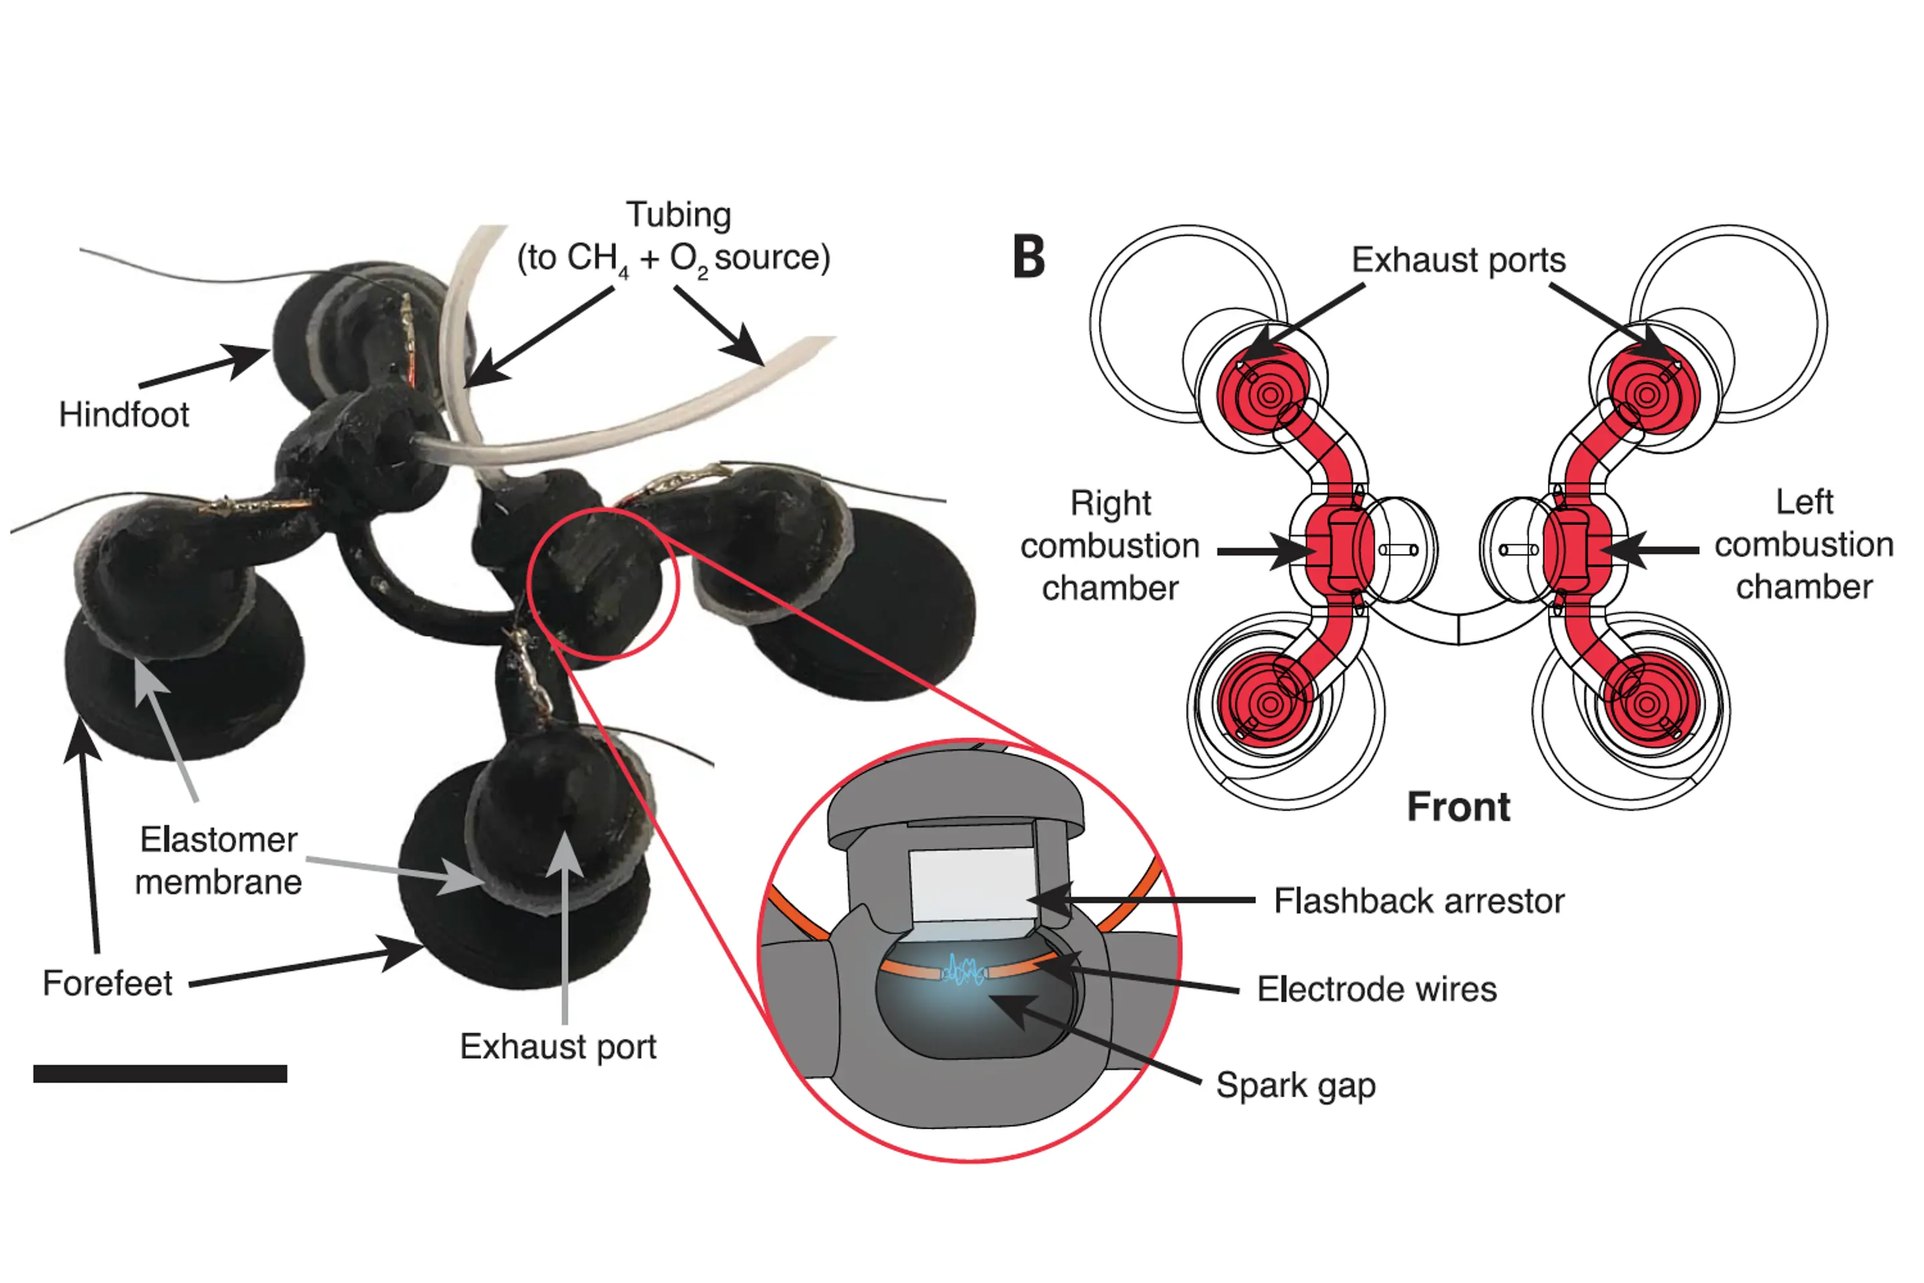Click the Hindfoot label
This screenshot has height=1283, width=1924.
click(124, 415)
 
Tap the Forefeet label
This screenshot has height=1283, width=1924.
click(107, 984)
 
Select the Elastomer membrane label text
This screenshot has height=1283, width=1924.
click(218, 861)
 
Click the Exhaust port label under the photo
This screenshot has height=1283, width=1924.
click(558, 1046)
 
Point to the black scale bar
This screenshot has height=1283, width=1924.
click(160, 1074)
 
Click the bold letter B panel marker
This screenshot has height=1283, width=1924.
click(1029, 257)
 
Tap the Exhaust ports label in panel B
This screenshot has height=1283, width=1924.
click(1458, 260)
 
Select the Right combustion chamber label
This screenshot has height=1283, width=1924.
click(1110, 545)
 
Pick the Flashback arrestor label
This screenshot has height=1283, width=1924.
click(1419, 901)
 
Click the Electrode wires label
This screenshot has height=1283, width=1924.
click(1377, 989)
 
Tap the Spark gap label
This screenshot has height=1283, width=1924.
click(1296, 1086)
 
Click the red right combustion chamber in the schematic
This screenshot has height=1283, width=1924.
click(1339, 549)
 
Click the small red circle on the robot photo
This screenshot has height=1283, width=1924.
click(604, 583)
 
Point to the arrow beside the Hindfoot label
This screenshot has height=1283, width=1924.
click(204, 368)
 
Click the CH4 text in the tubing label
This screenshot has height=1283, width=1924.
click(597, 259)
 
